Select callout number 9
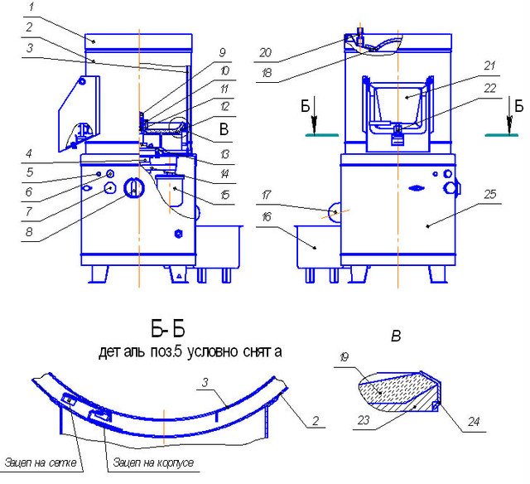click(222, 52)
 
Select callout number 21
click(489, 65)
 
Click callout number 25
click(489, 194)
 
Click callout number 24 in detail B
click(474, 421)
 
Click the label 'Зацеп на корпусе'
click(154, 462)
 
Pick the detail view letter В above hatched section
click(396, 336)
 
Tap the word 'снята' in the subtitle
click(260, 351)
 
